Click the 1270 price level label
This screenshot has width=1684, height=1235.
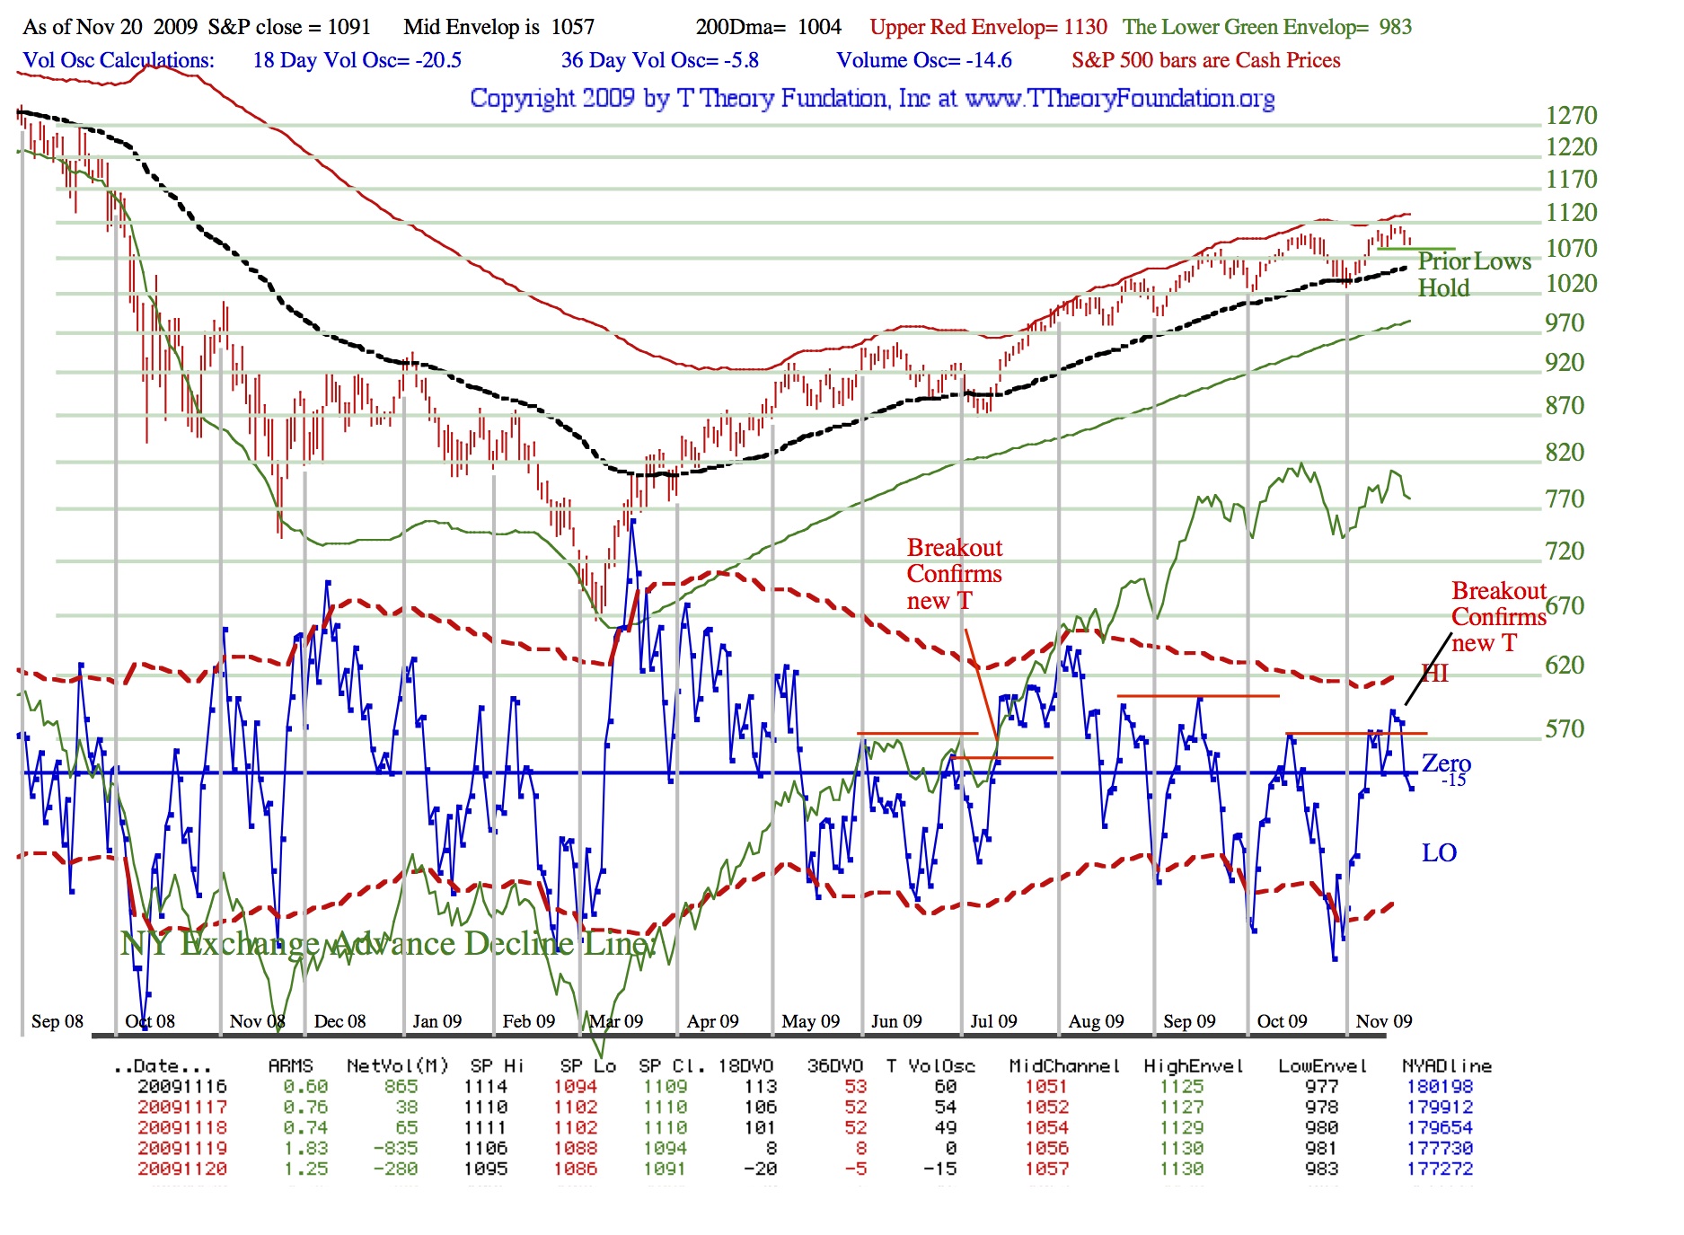(x=1571, y=116)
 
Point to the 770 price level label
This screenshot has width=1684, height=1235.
(x=1565, y=499)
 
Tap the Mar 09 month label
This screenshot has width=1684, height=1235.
(x=616, y=1021)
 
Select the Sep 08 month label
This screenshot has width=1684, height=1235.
(x=57, y=1021)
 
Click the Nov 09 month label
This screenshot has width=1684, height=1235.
(x=1383, y=1021)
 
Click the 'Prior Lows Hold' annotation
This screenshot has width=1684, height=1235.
(x=1473, y=274)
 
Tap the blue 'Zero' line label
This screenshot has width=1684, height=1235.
(x=1446, y=763)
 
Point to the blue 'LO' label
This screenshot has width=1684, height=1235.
(x=1439, y=852)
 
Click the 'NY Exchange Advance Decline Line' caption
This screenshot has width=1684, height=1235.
(x=388, y=943)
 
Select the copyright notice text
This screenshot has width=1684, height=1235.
(x=872, y=98)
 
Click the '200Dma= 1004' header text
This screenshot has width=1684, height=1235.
(x=768, y=27)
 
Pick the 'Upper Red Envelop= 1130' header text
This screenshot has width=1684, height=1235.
(x=988, y=27)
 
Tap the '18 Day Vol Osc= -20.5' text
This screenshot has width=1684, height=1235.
(x=357, y=60)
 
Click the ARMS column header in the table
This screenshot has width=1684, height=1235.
(x=290, y=1066)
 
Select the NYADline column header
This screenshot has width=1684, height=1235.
(x=1446, y=1066)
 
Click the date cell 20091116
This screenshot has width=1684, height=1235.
(x=182, y=1087)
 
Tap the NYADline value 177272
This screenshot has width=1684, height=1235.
(x=1440, y=1169)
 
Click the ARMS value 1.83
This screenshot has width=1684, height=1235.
(x=305, y=1149)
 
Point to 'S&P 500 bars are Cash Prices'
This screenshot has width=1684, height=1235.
(x=1205, y=60)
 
